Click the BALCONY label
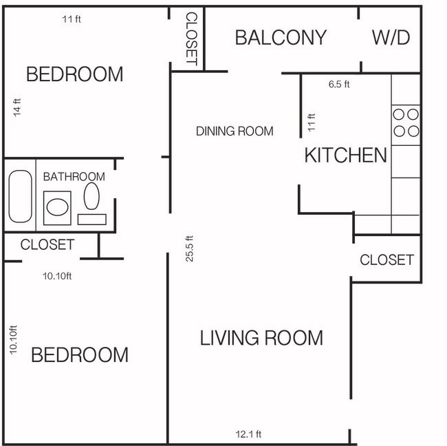(x=281, y=37)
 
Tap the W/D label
(x=391, y=37)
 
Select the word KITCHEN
(x=345, y=155)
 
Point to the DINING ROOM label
(x=235, y=131)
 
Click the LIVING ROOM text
(x=261, y=338)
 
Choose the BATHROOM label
(x=74, y=177)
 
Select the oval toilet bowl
(x=91, y=196)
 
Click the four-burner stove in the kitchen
(x=405, y=123)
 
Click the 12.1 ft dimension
(x=248, y=434)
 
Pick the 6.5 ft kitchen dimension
(x=339, y=85)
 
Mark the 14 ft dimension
(x=17, y=108)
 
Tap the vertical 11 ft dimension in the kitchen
(x=311, y=123)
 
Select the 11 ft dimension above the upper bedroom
(x=72, y=19)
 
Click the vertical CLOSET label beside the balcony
(x=192, y=39)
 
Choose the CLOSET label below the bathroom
(x=47, y=244)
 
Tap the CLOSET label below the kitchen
(x=386, y=259)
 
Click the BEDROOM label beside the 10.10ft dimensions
(x=79, y=354)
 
